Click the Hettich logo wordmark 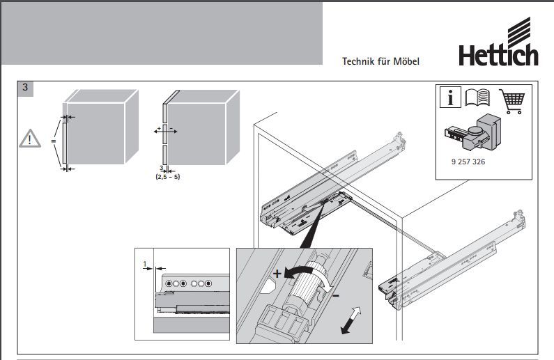498,54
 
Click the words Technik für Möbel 380,61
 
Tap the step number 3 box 26,88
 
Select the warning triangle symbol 30,138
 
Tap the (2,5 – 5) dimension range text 167,177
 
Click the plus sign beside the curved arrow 277,274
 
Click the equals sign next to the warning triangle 53,141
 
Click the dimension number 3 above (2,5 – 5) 161,169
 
